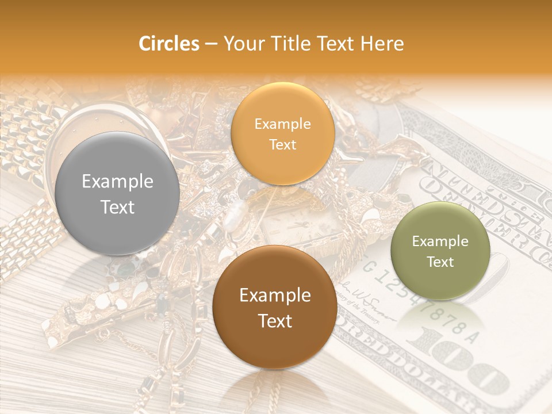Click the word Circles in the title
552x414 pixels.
point(168,44)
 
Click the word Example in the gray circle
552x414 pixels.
point(117,182)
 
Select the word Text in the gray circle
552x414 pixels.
point(117,207)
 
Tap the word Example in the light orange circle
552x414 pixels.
point(282,124)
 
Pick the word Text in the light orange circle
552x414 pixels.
point(282,144)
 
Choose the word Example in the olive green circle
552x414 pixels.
point(440,241)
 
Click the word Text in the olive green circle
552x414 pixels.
point(440,262)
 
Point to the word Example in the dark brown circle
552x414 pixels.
point(275,296)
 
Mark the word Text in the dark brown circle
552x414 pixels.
point(275,321)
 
